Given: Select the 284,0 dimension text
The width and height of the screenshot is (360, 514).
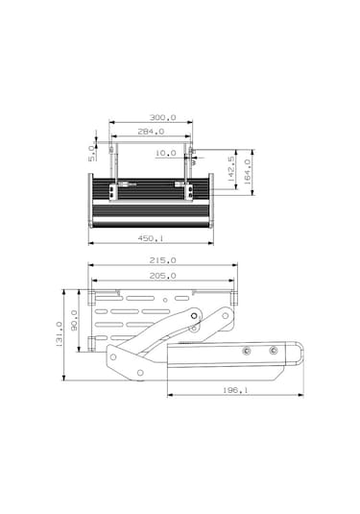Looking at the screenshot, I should pos(150,132).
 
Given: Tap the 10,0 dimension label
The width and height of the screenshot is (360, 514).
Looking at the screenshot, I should pos(166,153).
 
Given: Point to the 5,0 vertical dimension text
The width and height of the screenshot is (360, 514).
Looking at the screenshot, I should pos(92,153).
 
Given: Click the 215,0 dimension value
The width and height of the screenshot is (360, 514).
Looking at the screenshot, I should pos(162,260).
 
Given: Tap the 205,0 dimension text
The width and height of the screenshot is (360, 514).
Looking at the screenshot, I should pos(162,276).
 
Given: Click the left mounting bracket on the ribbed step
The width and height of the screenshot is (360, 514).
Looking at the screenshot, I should pos(113,190).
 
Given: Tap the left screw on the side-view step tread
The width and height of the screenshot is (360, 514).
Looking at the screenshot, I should pos(248,351).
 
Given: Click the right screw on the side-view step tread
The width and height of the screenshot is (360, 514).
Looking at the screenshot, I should pos(274,351).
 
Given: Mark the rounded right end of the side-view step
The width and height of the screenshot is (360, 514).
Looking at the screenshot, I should pos(300,355).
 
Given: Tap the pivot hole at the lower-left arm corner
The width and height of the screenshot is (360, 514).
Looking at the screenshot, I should pos(113,357).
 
